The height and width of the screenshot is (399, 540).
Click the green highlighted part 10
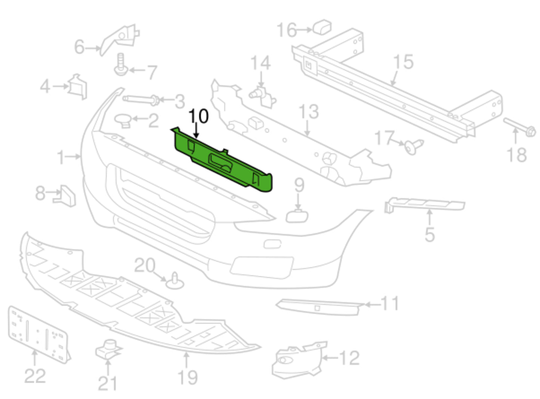224,163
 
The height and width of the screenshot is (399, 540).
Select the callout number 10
198,116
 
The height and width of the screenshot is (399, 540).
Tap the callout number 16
287,30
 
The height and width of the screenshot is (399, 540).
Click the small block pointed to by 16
322,27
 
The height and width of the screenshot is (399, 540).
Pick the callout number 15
404,62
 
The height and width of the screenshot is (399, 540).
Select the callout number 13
309,111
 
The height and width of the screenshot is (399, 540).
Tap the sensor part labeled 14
263,95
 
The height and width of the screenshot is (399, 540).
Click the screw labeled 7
121,65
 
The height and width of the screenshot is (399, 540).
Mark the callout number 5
430,234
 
